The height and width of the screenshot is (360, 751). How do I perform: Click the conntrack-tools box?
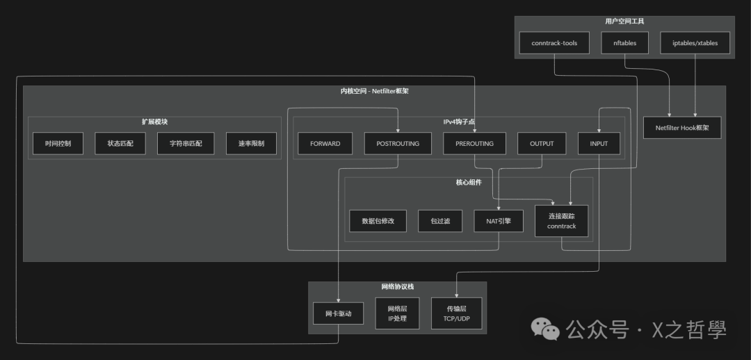click(x=554, y=43)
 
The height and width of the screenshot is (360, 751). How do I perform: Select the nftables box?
click(x=624, y=43)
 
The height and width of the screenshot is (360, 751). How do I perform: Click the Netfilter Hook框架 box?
click(x=682, y=128)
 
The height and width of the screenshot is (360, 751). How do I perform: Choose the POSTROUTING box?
click(x=398, y=144)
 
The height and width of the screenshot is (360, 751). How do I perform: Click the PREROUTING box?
click(x=474, y=144)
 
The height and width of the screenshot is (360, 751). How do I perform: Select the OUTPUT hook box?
click(x=542, y=144)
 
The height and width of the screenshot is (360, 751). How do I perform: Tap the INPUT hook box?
click(x=599, y=144)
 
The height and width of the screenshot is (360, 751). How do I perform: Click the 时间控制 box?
click(x=58, y=144)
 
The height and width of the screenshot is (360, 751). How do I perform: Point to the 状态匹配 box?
click(x=120, y=144)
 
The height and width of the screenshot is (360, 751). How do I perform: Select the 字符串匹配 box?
click(x=180, y=144)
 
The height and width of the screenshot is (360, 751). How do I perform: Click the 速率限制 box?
click(x=251, y=144)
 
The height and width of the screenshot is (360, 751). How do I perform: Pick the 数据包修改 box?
click(x=378, y=221)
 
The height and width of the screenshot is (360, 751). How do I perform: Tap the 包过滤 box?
click(x=440, y=221)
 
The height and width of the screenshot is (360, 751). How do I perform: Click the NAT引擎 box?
click(x=499, y=221)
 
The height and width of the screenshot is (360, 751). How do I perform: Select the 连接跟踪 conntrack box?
click(x=562, y=221)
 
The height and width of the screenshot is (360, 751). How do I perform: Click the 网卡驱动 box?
click(x=338, y=314)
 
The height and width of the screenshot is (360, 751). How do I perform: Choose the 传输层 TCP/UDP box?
click(x=456, y=313)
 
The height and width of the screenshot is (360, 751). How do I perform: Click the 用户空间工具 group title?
click(x=624, y=22)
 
